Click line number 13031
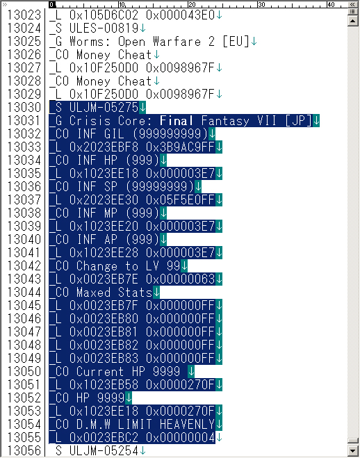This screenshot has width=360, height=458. [x=24, y=121]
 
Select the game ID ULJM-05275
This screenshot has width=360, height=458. [x=104, y=108]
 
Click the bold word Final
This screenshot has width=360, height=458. [x=177, y=121]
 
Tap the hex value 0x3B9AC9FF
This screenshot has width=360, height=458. [x=180, y=147]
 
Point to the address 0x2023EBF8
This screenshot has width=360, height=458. [x=104, y=147]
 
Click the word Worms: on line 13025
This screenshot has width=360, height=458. [x=90, y=42]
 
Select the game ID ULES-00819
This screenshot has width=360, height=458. [x=104, y=28]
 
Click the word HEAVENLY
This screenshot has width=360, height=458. [x=187, y=424]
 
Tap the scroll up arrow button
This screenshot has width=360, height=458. [x=352, y=21]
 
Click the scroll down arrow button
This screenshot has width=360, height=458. [x=352, y=450]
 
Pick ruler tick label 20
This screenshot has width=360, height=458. [x=192, y=4]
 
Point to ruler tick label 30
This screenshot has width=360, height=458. [x=261, y=4]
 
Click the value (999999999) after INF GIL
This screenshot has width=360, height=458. [x=170, y=133]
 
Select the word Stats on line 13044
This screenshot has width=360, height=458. [x=135, y=292]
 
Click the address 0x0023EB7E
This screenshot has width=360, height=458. [x=104, y=279]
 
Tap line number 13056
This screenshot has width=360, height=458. [x=24, y=450]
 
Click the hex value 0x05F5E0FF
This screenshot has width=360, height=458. [x=180, y=199]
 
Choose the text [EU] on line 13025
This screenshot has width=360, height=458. [x=236, y=42]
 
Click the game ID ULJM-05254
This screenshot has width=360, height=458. [x=104, y=450]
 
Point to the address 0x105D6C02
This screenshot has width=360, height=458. [x=104, y=15]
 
